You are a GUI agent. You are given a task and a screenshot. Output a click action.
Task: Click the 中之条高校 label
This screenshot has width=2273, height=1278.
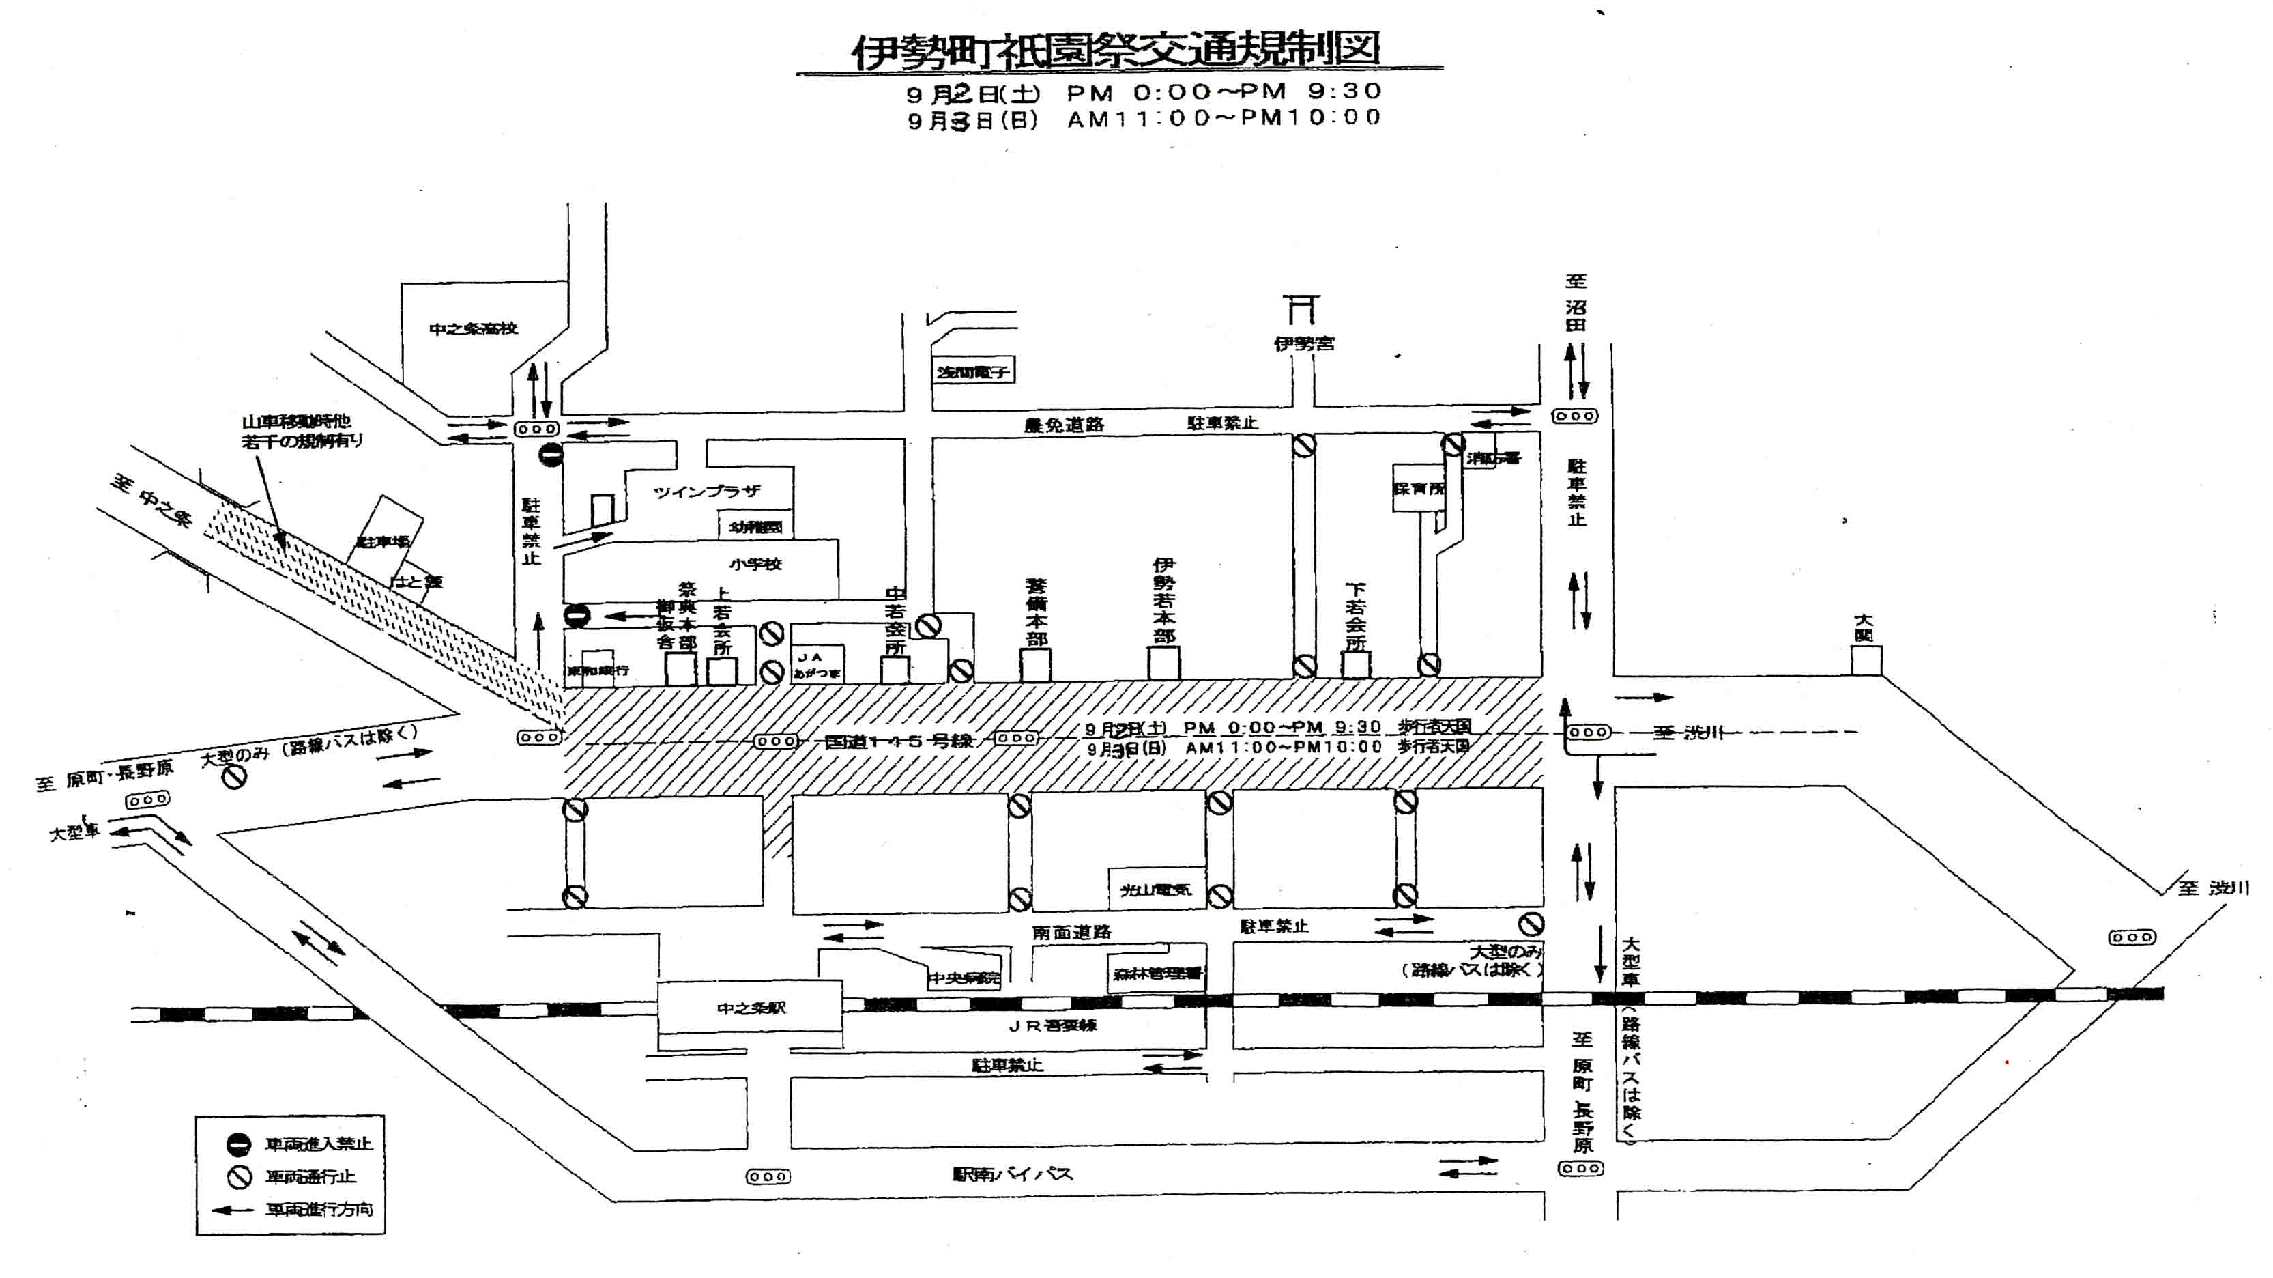click(473, 328)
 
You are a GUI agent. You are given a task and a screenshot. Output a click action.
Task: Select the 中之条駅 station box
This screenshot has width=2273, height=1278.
click(750, 1007)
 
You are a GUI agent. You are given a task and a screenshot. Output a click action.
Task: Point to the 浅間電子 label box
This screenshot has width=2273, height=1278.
click(972, 371)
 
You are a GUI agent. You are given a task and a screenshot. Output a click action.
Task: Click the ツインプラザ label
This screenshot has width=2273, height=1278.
click(706, 492)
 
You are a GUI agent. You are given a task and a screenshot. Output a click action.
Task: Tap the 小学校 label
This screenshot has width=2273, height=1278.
click(755, 564)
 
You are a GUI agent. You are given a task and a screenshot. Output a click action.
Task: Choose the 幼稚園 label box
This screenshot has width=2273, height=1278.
click(755, 527)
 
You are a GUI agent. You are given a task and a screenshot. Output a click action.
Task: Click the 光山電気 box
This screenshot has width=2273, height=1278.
click(1156, 890)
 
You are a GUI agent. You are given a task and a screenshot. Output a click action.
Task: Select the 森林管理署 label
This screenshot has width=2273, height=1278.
click(1157, 974)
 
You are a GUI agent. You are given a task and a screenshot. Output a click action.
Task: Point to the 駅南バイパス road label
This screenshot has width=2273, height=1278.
click(1012, 1174)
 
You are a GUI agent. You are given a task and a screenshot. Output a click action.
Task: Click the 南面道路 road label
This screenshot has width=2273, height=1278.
click(1071, 932)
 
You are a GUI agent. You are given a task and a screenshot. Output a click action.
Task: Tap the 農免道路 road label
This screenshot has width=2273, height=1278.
click(1063, 425)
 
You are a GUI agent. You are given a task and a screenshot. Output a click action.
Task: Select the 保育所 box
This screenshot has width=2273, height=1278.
click(1418, 488)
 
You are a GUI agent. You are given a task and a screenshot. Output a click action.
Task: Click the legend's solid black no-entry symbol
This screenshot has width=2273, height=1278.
click(239, 1145)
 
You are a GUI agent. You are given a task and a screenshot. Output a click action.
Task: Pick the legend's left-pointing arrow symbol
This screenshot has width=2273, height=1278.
click(234, 1209)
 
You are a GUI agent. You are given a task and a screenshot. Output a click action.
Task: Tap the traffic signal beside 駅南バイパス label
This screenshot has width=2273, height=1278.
click(768, 1176)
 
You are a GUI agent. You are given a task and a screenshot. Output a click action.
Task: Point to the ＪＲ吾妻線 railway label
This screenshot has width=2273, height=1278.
click(1053, 1025)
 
